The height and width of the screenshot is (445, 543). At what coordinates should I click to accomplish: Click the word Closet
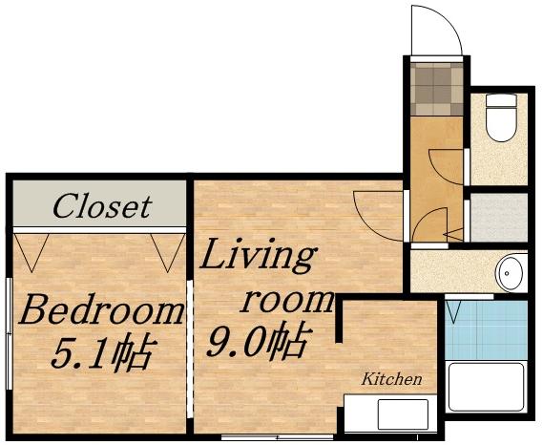click(x=101, y=205)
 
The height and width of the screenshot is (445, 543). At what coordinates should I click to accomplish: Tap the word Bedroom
click(x=102, y=311)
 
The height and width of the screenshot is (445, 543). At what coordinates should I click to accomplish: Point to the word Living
click(x=258, y=258)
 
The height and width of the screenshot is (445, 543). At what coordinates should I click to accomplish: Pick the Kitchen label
click(x=391, y=379)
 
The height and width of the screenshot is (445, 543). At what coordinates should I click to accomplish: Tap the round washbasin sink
click(x=512, y=272)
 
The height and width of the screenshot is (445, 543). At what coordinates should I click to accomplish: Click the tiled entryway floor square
click(x=437, y=86)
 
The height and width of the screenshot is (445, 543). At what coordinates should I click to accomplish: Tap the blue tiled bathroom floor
click(x=487, y=329)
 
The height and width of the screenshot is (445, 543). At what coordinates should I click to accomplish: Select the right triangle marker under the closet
click(x=168, y=251)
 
